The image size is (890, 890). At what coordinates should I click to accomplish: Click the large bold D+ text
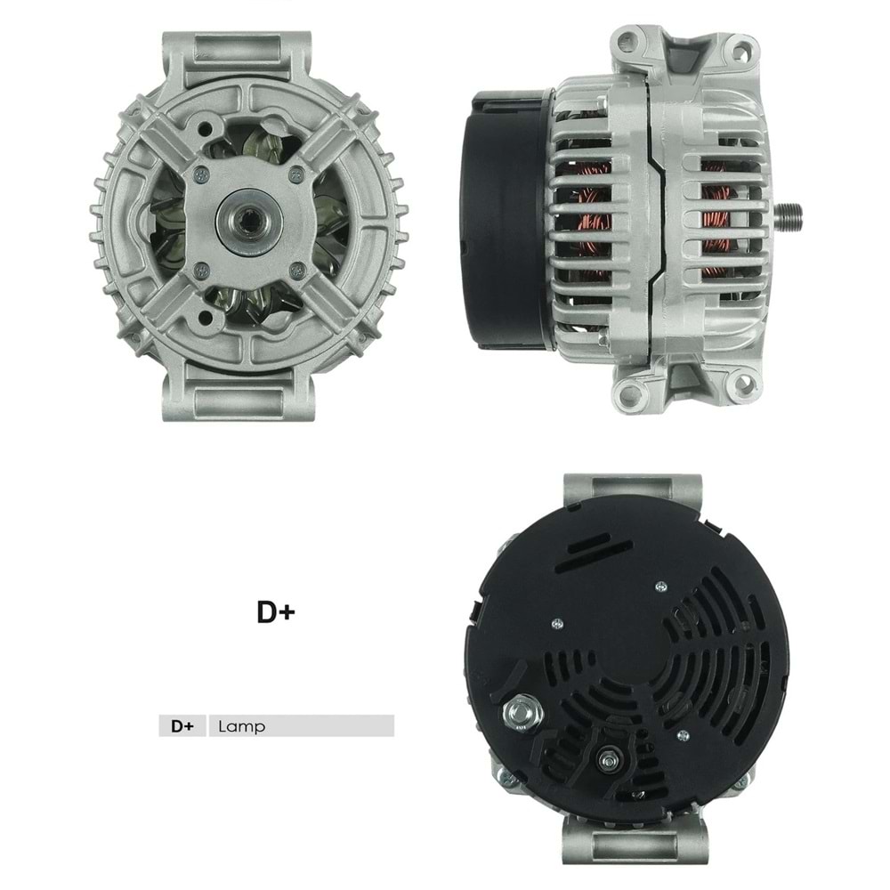click(275, 612)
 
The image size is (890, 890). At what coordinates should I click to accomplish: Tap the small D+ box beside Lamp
click(182, 726)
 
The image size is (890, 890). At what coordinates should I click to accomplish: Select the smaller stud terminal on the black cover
click(609, 758)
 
